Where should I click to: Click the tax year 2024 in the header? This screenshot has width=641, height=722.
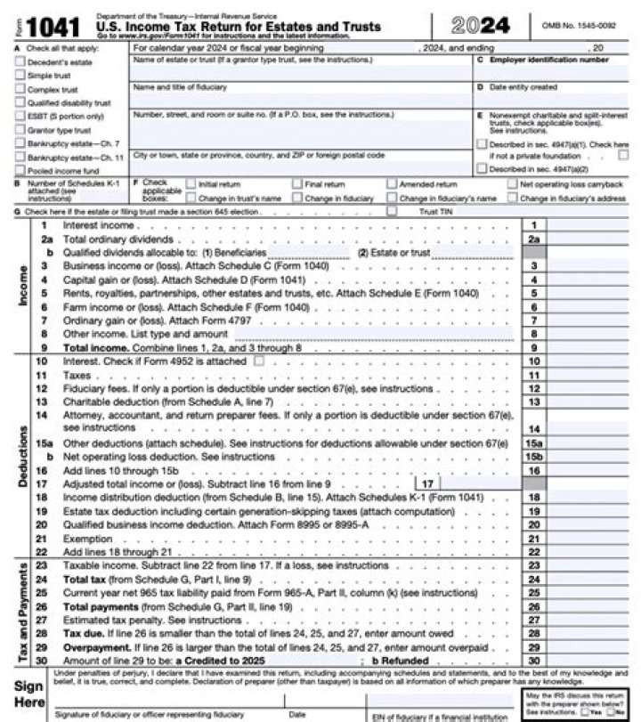point(481,25)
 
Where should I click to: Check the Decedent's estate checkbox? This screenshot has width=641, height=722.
point(20,62)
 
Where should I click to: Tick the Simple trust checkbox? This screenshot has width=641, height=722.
point(20,76)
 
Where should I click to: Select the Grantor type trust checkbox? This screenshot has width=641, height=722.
point(20,129)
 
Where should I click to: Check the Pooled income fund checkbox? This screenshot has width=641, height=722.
point(20,170)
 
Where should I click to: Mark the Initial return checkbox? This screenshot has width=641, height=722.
point(190,184)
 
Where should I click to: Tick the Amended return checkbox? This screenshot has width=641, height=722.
point(393,184)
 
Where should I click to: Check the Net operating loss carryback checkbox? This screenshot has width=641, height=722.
point(512,184)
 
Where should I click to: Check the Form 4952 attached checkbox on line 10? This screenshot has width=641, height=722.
point(259,361)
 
